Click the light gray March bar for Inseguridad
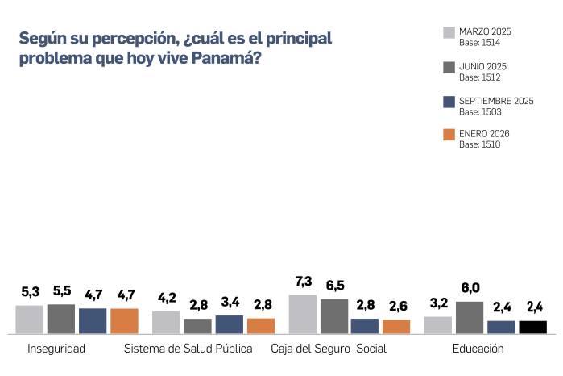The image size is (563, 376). click(x=29, y=320)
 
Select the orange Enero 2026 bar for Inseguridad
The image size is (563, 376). click(x=124, y=321)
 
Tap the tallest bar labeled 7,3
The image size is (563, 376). click(x=302, y=314)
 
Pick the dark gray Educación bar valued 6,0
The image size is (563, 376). click(x=470, y=317)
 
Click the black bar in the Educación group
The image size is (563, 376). click(x=532, y=327)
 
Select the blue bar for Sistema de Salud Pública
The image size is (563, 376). click(x=229, y=324)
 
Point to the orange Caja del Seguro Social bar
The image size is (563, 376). click(x=396, y=326)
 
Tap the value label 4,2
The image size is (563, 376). click(x=166, y=297)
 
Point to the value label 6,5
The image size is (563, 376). click(x=333, y=286)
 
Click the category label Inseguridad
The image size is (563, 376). click(x=56, y=349)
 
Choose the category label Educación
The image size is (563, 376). click(x=478, y=349)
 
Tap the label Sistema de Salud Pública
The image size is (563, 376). click(x=188, y=349)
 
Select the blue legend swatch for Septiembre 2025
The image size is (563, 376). click(x=449, y=102)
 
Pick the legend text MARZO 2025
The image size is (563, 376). click(x=485, y=31)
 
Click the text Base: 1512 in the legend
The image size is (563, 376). click(x=480, y=78)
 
